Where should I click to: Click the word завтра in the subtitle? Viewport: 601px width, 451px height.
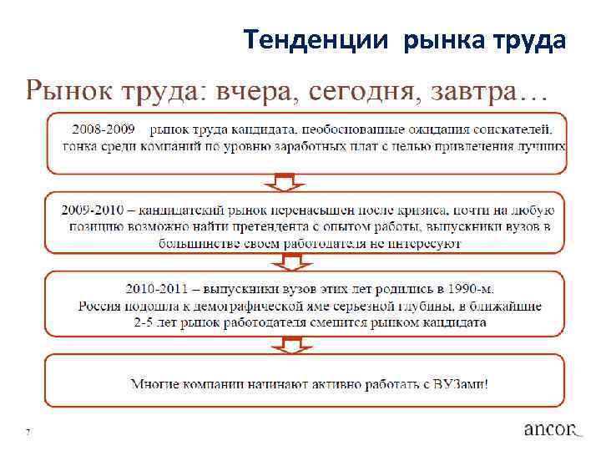[475, 91]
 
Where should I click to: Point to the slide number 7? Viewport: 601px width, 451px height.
[28, 432]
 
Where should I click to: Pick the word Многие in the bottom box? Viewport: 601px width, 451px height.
[156, 385]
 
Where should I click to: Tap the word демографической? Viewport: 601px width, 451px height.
[260, 306]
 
